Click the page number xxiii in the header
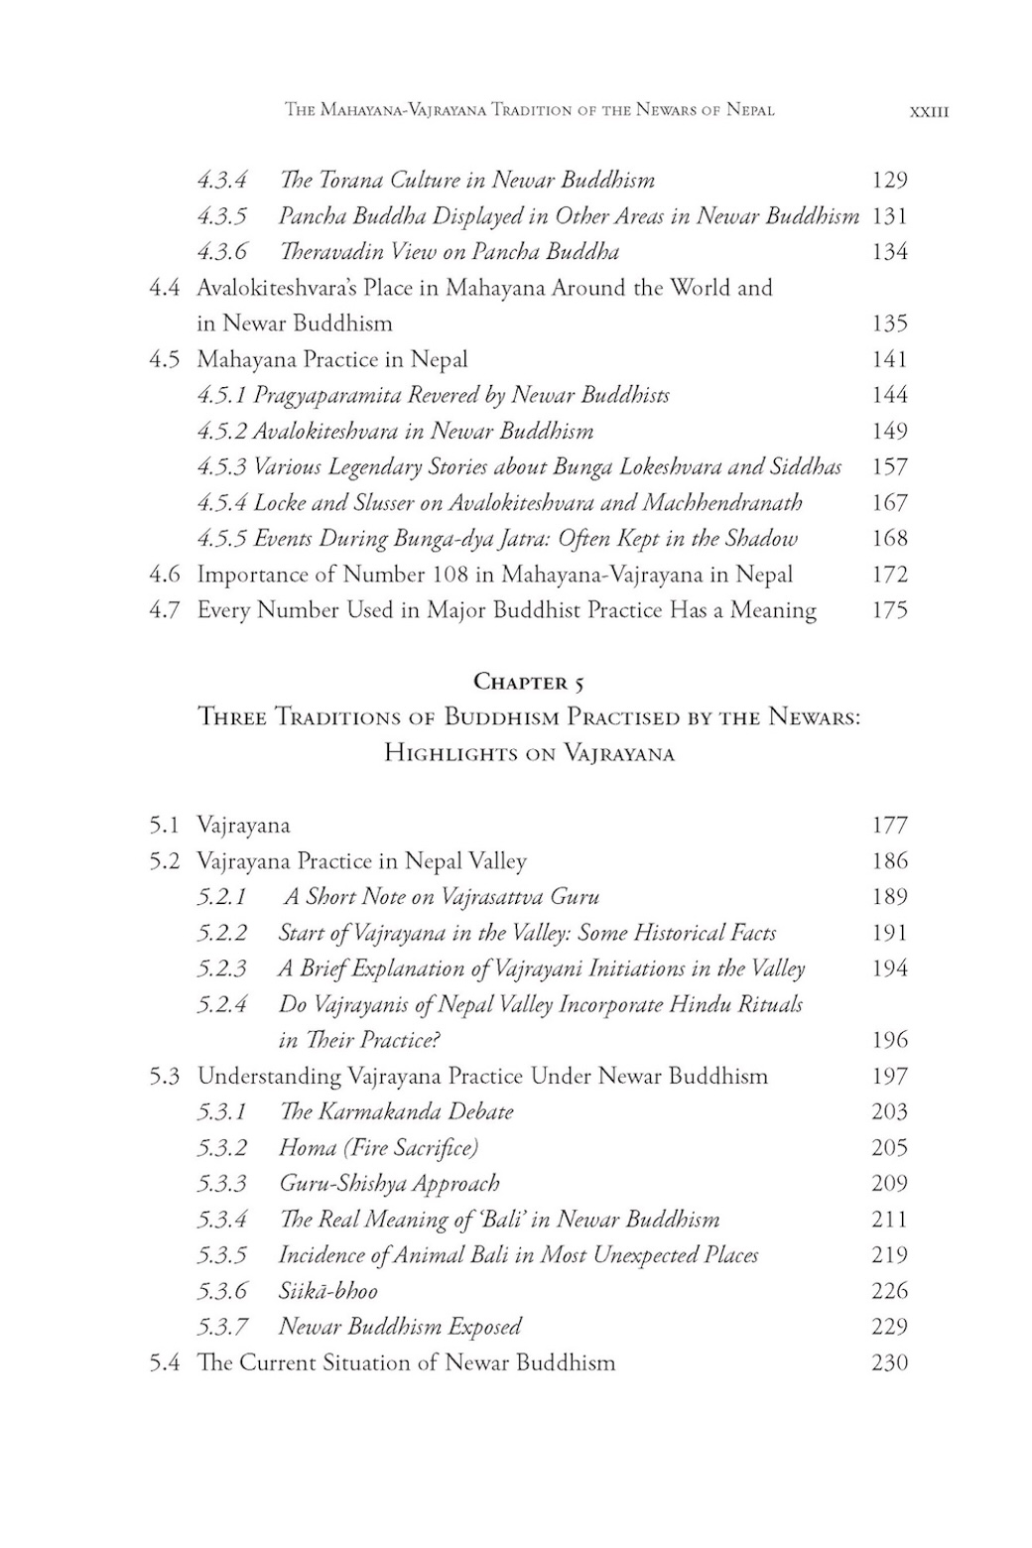coord(929,112)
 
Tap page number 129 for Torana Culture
coord(889,180)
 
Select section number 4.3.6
coord(221,252)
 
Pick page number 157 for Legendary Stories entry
coord(889,466)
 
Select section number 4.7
coord(165,610)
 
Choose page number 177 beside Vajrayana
coord(889,826)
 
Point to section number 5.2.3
coord(221,968)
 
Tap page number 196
coord(889,1040)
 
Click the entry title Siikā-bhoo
coord(328,1291)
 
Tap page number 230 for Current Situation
coord(889,1362)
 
